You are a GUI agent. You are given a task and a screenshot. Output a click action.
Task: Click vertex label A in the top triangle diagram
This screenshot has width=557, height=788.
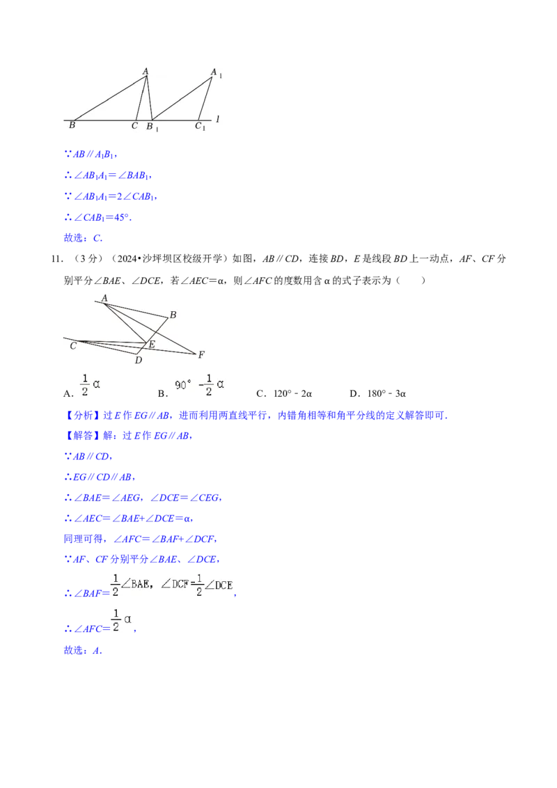[x=146, y=71]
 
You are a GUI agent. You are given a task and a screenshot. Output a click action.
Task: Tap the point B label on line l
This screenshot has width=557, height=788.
[x=72, y=126]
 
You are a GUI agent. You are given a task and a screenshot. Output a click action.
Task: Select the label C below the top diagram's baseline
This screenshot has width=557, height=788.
[x=134, y=126]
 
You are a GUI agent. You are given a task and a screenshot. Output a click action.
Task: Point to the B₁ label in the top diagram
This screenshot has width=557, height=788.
[x=151, y=127]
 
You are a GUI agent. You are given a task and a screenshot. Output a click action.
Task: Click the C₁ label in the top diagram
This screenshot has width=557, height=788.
[x=199, y=126]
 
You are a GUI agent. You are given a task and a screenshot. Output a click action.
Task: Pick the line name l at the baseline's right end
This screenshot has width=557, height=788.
[x=218, y=120]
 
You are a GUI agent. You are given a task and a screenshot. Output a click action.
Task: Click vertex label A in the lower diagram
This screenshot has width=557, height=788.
[x=104, y=298]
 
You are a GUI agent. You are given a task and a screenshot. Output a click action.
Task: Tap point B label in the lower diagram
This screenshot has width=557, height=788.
[x=173, y=315]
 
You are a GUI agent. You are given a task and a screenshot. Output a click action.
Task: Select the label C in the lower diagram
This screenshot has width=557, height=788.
[x=73, y=345]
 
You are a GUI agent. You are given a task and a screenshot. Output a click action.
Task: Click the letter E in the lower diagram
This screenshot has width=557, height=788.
[x=152, y=344]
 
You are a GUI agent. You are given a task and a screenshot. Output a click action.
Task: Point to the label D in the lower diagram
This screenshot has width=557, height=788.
[x=139, y=360]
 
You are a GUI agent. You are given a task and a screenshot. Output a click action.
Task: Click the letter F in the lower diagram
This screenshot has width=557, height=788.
[x=201, y=354]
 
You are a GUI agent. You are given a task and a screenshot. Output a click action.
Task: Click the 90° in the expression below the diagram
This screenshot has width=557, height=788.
[x=182, y=384]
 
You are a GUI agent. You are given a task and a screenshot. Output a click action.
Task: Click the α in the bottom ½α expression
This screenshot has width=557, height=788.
[x=127, y=618]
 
